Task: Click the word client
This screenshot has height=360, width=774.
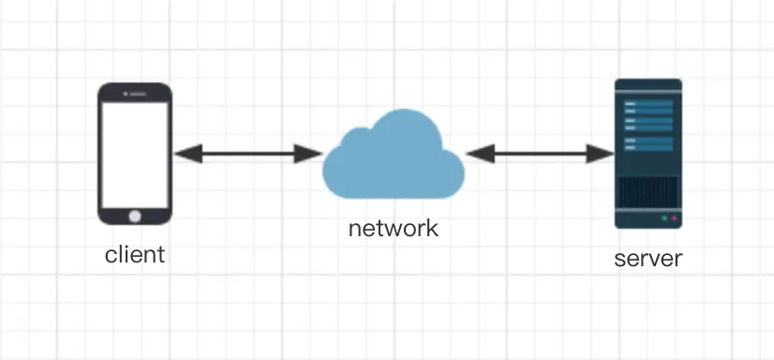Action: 135,254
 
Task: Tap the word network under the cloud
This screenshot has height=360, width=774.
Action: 393,228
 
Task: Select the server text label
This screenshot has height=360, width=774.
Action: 647,258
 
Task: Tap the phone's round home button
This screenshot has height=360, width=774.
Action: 135,215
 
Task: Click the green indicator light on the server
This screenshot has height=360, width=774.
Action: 664,218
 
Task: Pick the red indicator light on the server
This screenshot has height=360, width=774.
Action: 674,218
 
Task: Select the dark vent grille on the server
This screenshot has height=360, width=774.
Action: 647,191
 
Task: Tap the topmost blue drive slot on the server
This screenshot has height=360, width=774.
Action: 647,104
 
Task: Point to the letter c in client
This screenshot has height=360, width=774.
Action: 110,255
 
